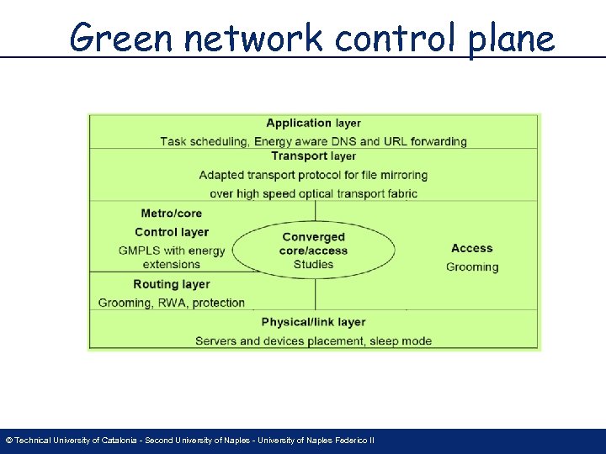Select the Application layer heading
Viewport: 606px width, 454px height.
pyautogui.click(x=313, y=124)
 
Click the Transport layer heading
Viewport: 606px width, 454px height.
pyautogui.click(x=313, y=156)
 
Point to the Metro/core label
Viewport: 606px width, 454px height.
pyautogui.click(x=172, y=214)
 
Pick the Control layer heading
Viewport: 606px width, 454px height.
pyautogui.click(x=172, y=232)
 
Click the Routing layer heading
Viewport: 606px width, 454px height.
pyautogui.click(x=172, y=284)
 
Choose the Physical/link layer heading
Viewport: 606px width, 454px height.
pyautogui.click(x=313, y=322)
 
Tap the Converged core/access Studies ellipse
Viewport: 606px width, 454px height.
pyautogui.click(x=313, y=251)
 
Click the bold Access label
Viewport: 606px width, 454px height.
pyautogui.click(x=471, y=248)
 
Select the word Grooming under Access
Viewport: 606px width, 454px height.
pyautogui.click(x=471, y=267)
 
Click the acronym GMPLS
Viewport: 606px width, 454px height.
pyautogui.click(x=140, y=251)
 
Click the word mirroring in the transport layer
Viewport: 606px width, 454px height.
pyautogui.click(x=400, y=175)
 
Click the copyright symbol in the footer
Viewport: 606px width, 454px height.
pyautogui.click(x=8, y=441)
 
